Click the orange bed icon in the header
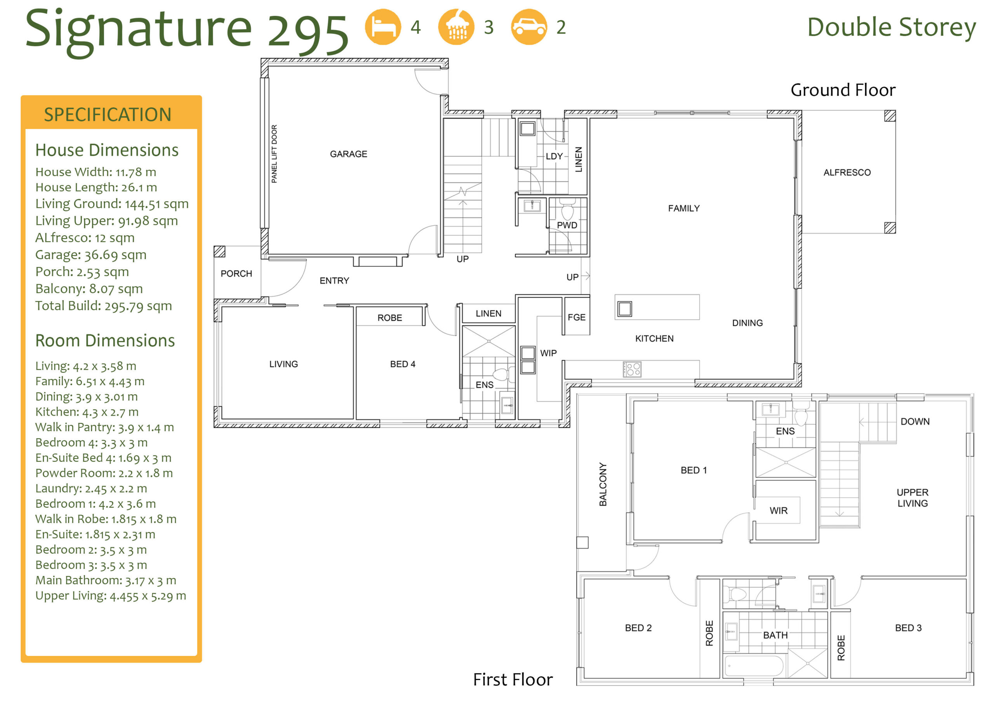click(x=383, y=27)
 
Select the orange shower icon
click(x=456, y=27)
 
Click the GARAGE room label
click(x=349, y=154)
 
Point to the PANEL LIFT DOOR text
click(x=274, y=154)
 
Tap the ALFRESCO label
click(x=847, y=172)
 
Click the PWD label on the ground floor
click(x=567, y=225)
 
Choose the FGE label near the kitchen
click(x=576, y=317)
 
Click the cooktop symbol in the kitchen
click(x=632, y=369)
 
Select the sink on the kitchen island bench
click(x=624, y=309)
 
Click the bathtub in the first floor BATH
click(x=753, y=666)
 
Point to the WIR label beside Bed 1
click(x=779, y=511)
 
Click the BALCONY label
click(x=603, y=484)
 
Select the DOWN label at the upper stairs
click(x=915, y=421)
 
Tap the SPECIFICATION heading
click(x=108, y=115)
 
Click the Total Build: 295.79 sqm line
click(x=103, y=306)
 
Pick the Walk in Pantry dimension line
click(x=104, y=428)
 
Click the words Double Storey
click(x=891, y=28)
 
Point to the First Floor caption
click(x=513, y=680)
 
